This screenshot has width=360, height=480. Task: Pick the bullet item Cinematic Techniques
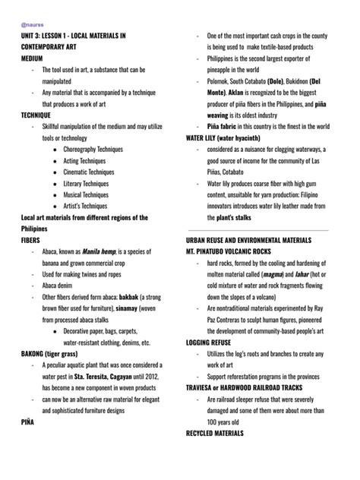89,172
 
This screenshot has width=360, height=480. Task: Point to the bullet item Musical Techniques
86,195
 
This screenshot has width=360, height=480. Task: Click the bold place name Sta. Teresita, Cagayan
109,377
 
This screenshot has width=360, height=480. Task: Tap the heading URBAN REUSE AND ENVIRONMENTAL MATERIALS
257,239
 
